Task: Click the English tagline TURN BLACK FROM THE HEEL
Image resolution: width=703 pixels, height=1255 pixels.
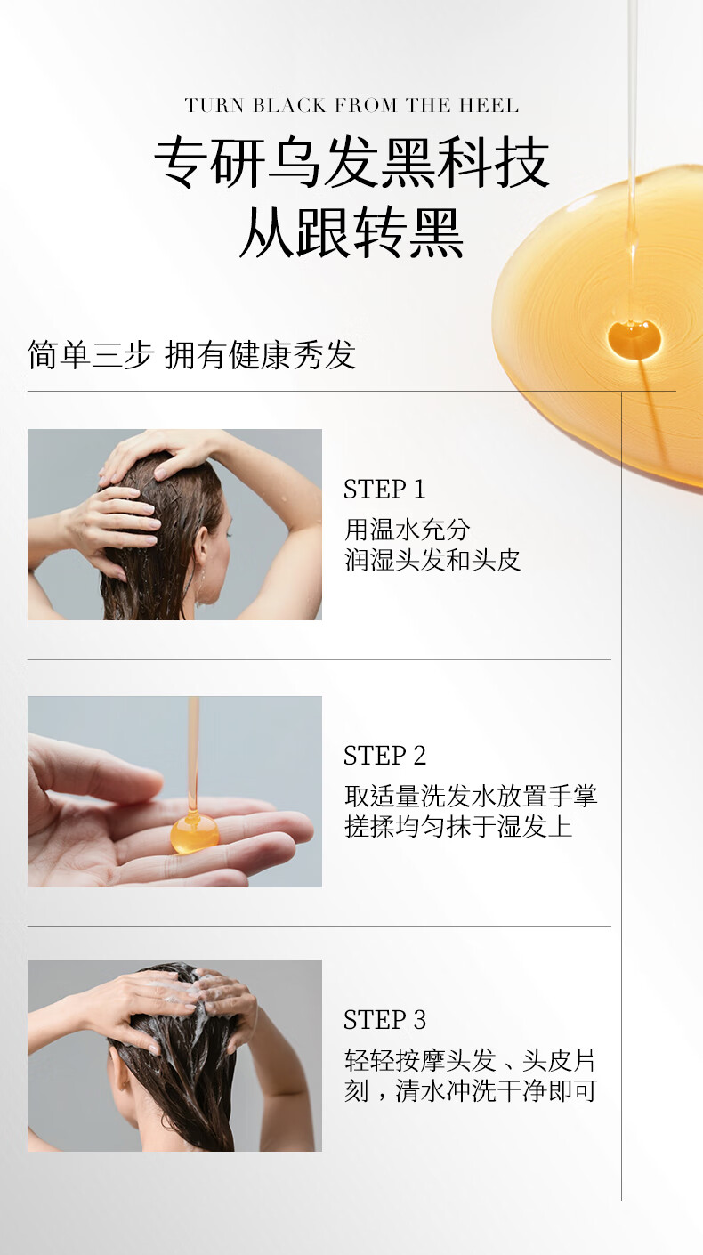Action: click(351, 105)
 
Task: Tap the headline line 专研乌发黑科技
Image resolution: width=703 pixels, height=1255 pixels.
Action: click(351, 163)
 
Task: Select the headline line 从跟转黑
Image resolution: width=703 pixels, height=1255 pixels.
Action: click(351, 232)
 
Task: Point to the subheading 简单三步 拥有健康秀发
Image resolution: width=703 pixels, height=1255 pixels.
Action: click(191, 354)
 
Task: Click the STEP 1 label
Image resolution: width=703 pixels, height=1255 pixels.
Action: click(384, 490)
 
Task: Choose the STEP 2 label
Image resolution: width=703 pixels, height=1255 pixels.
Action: click(384, 756)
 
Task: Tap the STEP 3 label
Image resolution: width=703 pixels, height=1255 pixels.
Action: click(384, 1020)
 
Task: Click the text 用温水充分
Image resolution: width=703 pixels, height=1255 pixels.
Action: click(408, 529)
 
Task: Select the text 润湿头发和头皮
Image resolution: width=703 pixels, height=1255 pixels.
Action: click(432, 560)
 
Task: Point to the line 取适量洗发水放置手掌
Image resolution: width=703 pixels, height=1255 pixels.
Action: click(471, 796)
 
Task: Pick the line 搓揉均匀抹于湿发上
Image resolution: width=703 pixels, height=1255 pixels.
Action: click(458, 826)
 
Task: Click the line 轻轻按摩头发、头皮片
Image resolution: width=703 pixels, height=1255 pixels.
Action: click(471, 1060)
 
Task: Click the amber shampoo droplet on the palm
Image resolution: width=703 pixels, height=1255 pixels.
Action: click(194, 833)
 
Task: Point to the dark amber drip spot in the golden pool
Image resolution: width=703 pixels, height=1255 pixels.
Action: click(634, 339)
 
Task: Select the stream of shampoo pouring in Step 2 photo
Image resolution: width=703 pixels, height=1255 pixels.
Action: click(193, 754)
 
